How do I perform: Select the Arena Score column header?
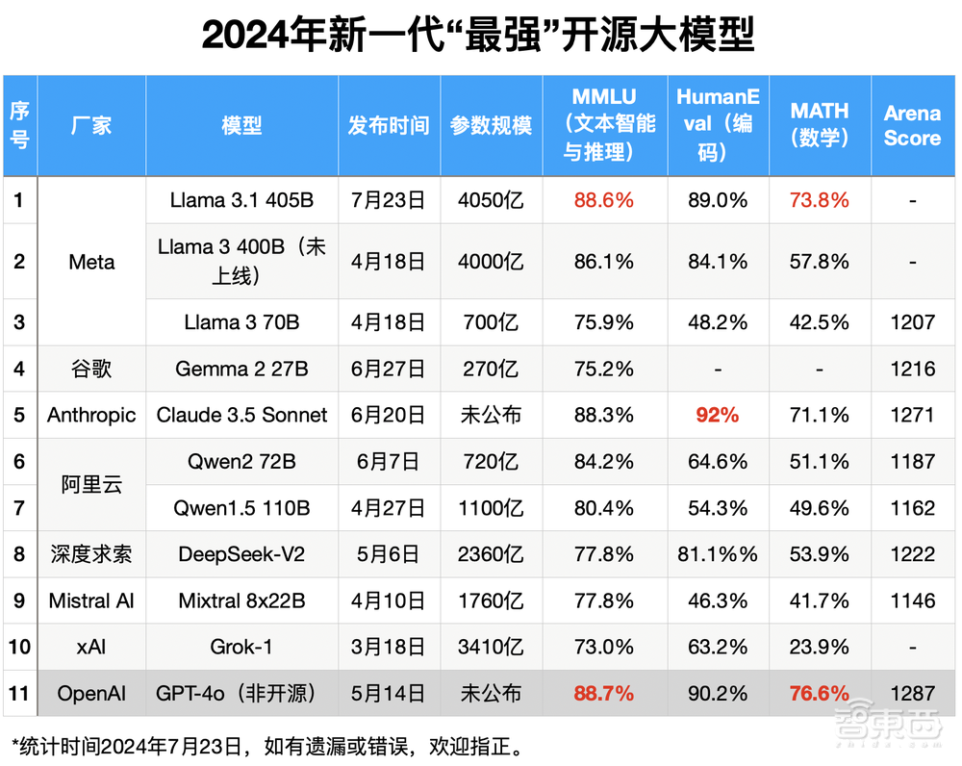coord(912,125)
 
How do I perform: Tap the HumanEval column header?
coord(718,125)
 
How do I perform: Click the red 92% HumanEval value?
coord(718,415)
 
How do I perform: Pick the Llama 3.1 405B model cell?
coord(241,200)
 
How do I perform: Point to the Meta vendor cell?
coord(91,261)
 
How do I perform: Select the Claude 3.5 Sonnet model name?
coord(241,415)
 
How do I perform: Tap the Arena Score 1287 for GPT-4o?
coord(912,693)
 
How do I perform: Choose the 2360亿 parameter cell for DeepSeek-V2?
coord(491,554)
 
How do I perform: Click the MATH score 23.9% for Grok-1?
coord(820,647)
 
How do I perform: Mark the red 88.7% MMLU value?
coord(603,693)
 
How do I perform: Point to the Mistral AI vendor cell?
coord(91,600)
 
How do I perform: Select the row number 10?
coord(19,647)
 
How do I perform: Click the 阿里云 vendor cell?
coord(91,484)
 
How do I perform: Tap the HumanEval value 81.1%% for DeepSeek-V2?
coord(718,554)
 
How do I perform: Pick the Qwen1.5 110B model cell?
coord(241,508)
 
